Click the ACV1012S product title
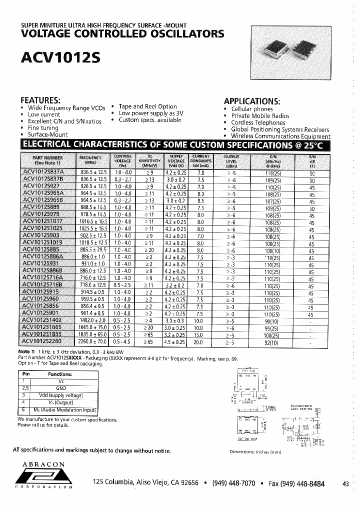(60, 57)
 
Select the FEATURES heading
(40, 99)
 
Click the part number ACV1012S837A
(43, 172)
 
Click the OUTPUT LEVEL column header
(231, 160)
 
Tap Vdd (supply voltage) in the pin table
(60, 395)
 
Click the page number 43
(345, 484)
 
